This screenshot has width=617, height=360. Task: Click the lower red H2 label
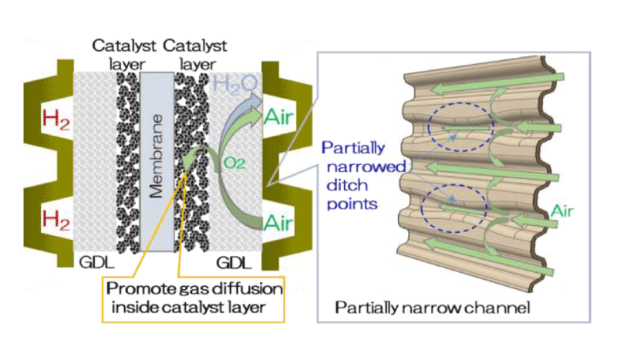[56, 220]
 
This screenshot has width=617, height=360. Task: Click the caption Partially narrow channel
[432, 308]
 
